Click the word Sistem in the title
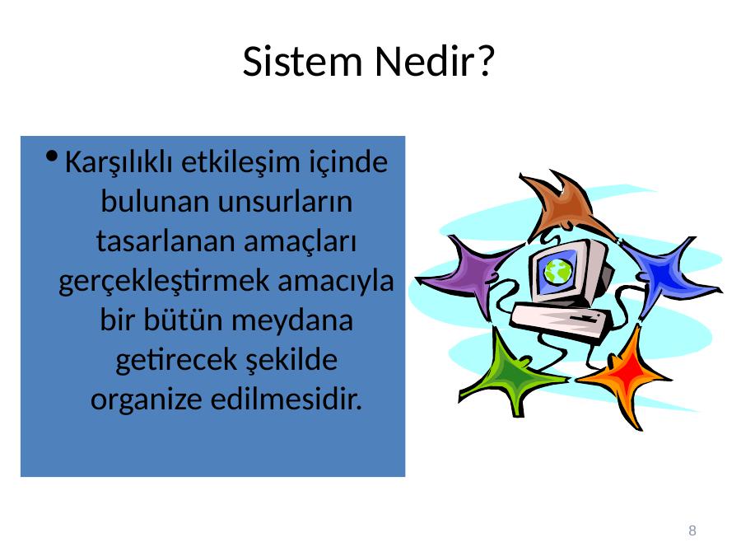(302, 62)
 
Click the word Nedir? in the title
(435, 62)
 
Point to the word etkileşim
(241, 161)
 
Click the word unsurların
(285, 202)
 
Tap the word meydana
(292, 321)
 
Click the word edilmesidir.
(287, 399)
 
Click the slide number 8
(692, 530)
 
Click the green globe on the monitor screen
(558, 271)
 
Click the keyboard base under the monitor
(561, 321)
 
